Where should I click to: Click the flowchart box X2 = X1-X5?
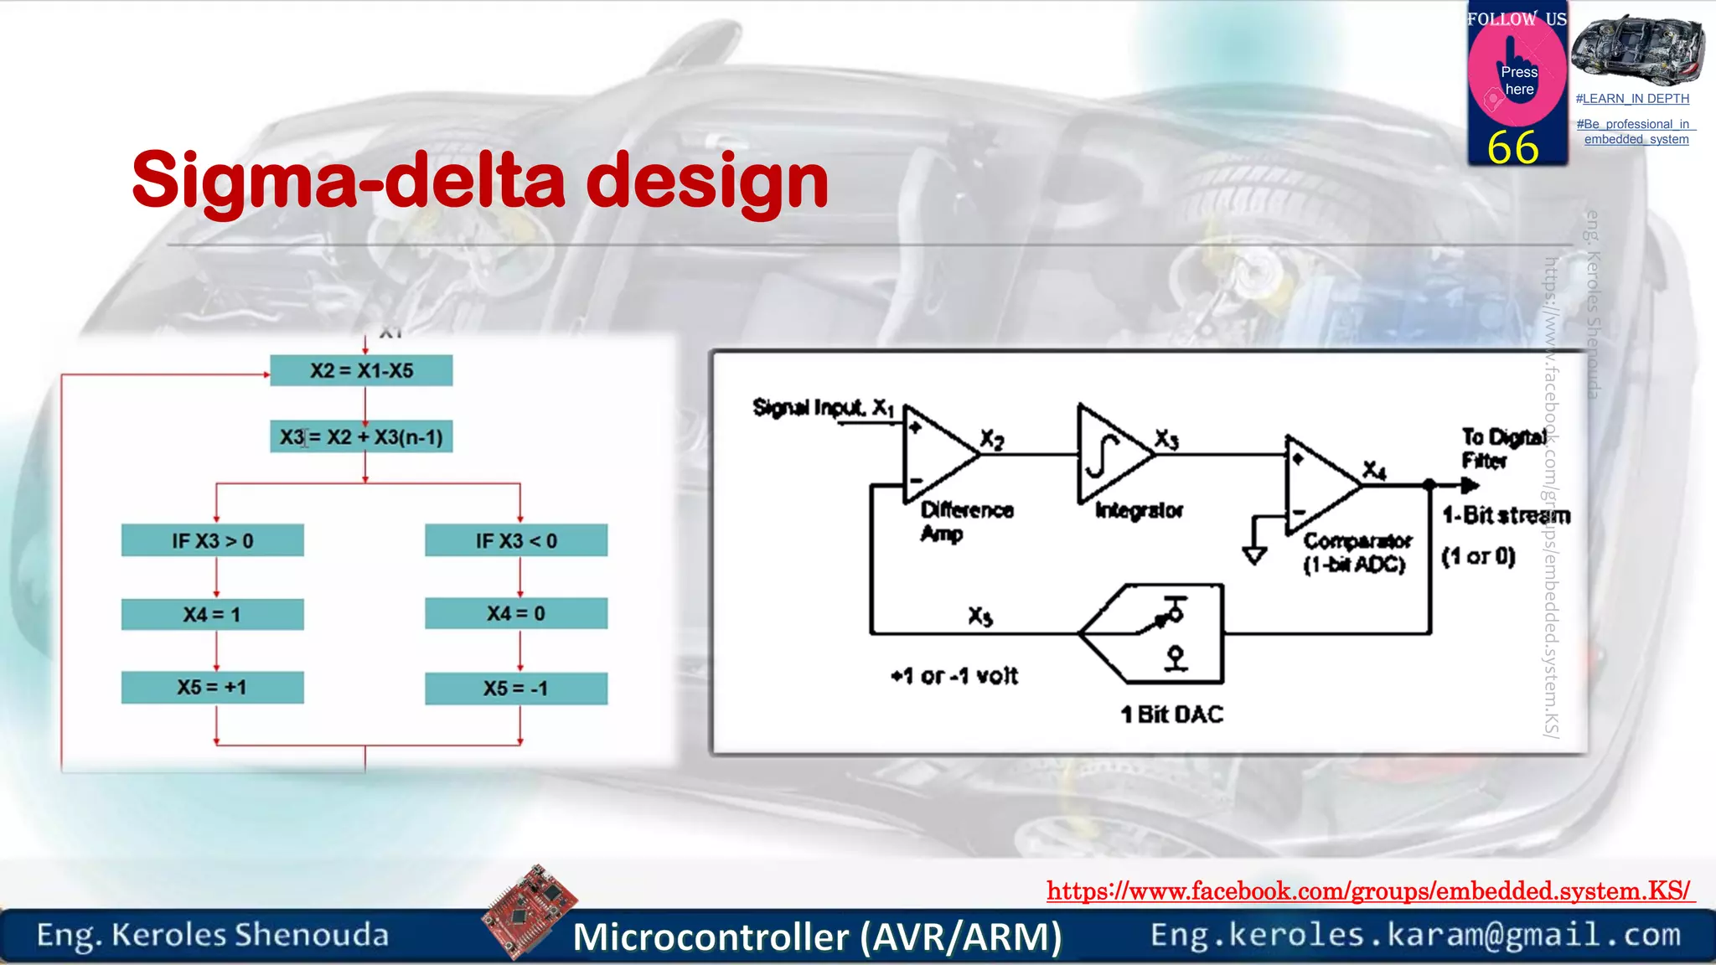(361, 370)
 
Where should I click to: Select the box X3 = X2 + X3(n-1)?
(361, 436)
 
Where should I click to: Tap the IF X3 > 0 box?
(212, 540)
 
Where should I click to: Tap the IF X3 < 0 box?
(516, 540)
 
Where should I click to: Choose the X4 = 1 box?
(212, 614)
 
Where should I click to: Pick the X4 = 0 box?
(516, 613)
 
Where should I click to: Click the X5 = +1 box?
(212, 687)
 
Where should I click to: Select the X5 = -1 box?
(516, 688)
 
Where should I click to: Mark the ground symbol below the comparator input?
(1254, 555)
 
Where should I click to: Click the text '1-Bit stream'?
(1506, 515)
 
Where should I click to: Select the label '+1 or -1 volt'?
(954, 675)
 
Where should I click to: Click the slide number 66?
(1513, 147)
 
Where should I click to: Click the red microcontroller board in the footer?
(530, 911)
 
